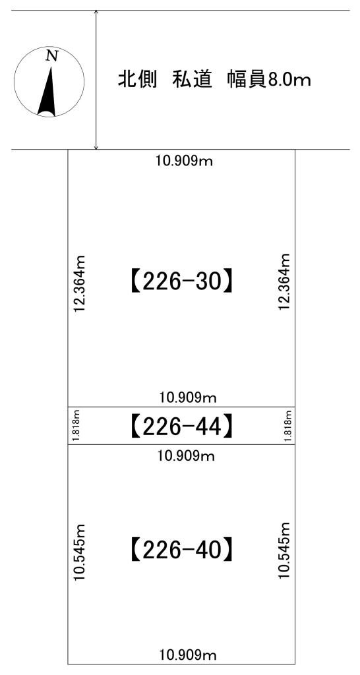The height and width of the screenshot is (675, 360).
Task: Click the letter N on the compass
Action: point(52,56)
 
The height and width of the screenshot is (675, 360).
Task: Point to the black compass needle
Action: point(47,90)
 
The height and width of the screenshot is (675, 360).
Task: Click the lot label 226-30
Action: point(181,283)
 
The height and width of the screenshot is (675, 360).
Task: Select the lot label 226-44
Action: point(181,426)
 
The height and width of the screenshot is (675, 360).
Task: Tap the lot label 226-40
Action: point(181,549)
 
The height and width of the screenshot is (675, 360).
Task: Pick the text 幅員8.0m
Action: point(269,80)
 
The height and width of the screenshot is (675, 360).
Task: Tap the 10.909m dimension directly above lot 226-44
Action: point(187,397)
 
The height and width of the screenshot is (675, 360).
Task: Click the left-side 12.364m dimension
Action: point(80,283)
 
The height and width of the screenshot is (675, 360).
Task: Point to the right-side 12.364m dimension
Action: point(284,283)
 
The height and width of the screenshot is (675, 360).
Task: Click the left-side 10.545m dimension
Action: point(80,552)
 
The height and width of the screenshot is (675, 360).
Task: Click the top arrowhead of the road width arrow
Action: point(96,13)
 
